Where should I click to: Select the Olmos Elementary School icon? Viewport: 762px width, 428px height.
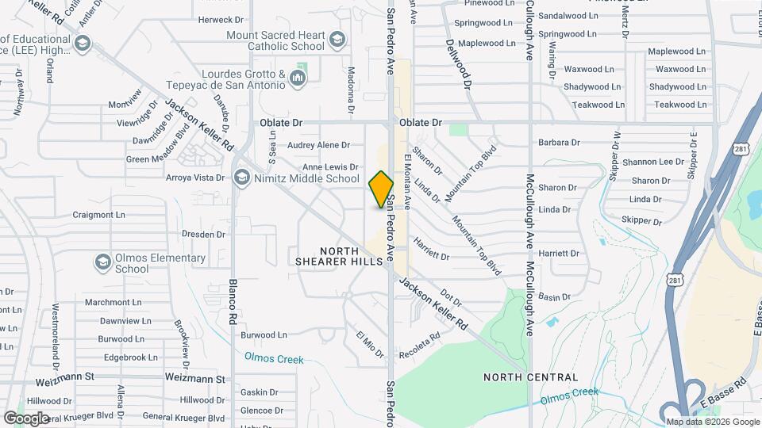pos(102,262)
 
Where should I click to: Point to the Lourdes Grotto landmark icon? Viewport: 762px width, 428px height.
pos(298,78)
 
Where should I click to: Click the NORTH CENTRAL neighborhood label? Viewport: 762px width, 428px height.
pos(531,376)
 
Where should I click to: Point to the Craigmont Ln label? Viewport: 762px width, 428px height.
pos(99,214)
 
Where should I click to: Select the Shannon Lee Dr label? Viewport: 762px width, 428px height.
pos(653,162)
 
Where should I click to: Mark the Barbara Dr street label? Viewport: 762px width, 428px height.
pos(559,143)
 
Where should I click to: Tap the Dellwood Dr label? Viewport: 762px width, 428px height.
pos(459,63)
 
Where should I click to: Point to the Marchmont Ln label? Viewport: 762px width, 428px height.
pos(113,302)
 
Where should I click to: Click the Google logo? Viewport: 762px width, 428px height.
pos(27,418)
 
